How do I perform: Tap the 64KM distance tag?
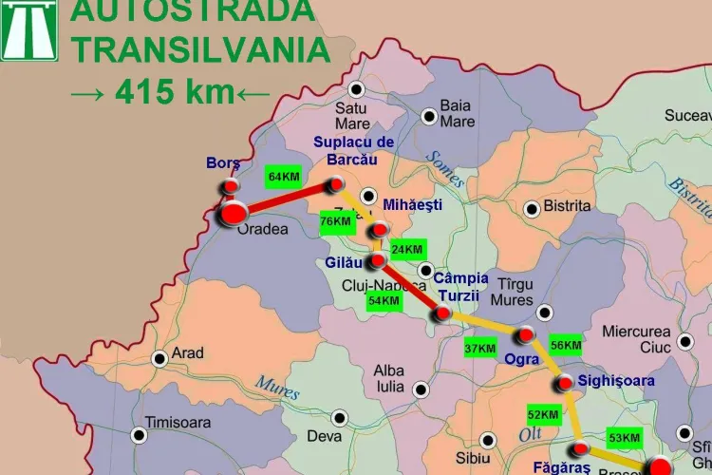click(284, 177)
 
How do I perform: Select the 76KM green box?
click(336, 221)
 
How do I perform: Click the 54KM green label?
click(384, 300)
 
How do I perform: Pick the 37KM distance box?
click(479, 349)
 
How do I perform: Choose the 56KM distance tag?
click(566, 346)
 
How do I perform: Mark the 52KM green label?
click(543, 414)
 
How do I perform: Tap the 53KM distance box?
click(624, 438)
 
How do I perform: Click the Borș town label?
click(223, 163)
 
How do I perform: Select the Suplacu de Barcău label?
click(353, 150)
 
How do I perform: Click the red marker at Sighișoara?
click(564, 384)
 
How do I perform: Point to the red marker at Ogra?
click(524, 334)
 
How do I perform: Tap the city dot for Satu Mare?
click(356, 90)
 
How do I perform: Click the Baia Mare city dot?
click(429, 116)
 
